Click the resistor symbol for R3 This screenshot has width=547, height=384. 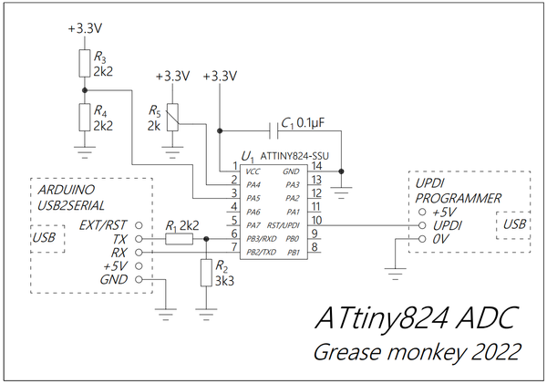pyautogui.click(x=85, y=63)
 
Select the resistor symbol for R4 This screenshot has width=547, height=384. pyautogui.click(x=85, y=117)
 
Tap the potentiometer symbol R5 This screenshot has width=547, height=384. pyautogui.click(x=172, y=118)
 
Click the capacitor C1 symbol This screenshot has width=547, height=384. pyautogui.click(x=274, y=131)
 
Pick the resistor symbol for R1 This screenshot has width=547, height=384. pyautogui.click(x=179, y=239)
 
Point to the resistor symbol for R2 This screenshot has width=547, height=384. pyautogui.click(x=206, y=273)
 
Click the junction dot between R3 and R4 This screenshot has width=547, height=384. pyautogui.click(x=85, y=90)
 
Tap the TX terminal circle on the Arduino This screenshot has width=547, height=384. pyautogui.click(x=139, y=239)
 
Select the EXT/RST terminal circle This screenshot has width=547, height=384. pyautogui.click(x=139, y=225)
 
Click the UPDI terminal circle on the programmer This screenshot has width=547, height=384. pyautogui.click(x=422, y=225)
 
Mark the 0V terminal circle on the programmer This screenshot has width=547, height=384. pyautogui.click(x=422, y=239)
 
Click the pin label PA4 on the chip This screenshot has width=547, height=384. pyautogui.click(x=253, y=184)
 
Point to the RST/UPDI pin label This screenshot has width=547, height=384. pyautogui.click(x=283, y=225)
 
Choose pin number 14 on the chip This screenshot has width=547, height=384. pyautogui.click(x=316, y=166)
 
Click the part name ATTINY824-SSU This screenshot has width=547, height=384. pyautogui.click(x=294, y=156)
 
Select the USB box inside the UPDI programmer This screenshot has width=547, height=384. pyautogui.click(x=513, y=225)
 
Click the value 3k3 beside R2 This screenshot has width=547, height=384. pyautogui.click(x=224, y=281)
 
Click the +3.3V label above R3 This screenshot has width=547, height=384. pyautogui.click(x=85, y=28)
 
